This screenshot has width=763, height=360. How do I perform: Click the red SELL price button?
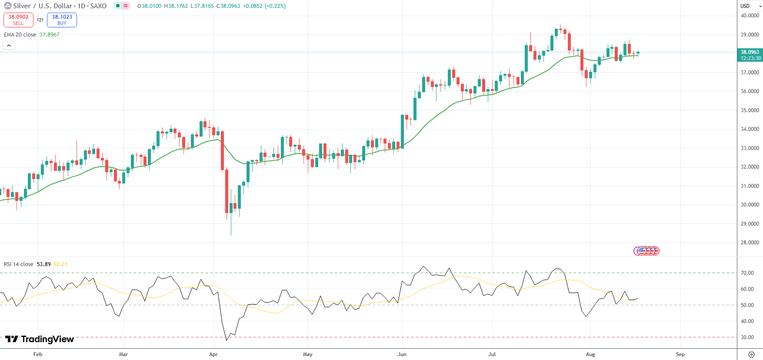tap(18, 20)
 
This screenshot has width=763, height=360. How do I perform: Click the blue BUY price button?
tap(62, 20)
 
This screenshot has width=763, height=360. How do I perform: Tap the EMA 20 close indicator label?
tap(20, 35)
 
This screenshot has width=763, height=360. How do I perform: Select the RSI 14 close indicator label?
tap(19, 264)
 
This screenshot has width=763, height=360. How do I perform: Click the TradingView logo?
tap(40, 339)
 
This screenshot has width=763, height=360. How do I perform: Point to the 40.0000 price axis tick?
tap(750, 16)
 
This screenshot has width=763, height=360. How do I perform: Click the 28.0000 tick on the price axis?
tap(750, 243)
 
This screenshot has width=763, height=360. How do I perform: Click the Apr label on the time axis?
tap(213, 354)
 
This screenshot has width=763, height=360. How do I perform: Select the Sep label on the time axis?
tap(680, 354)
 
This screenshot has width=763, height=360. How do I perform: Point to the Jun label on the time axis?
tap(402, 354)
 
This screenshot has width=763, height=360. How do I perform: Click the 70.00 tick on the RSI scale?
tap(747, 273)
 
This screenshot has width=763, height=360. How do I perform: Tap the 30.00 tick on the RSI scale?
tap(747, 337)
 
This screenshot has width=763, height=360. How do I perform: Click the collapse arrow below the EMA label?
tap(9, 46)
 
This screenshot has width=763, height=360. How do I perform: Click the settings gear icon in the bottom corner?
tap(751, 354)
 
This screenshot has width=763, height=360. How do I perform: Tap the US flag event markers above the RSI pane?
tap(647, 251)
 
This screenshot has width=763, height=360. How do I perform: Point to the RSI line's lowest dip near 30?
tap(227, 340)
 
